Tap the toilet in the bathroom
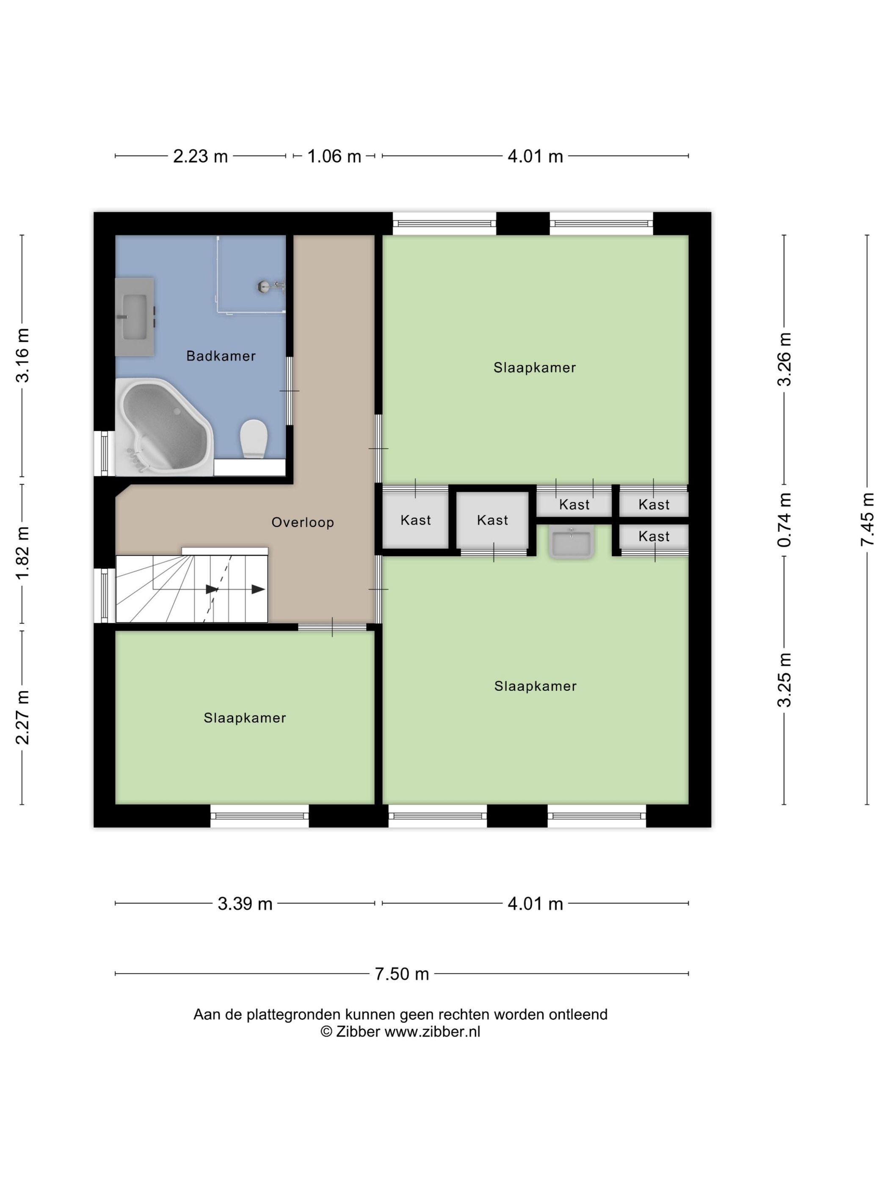[254, 438]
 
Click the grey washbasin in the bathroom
[135, 317]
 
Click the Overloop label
[303, 522]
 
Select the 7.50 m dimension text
[402, 974]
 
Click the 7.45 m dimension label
[867, 520]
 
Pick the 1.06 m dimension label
[334, 156]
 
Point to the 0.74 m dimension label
[784, 520]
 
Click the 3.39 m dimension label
[245, 903]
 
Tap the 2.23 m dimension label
[200, 156]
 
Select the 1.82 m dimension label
[22, 553]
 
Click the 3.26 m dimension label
[784, 359]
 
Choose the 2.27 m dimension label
[22, 718]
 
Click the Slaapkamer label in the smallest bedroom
[245, 718]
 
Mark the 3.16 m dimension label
[22, 355]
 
